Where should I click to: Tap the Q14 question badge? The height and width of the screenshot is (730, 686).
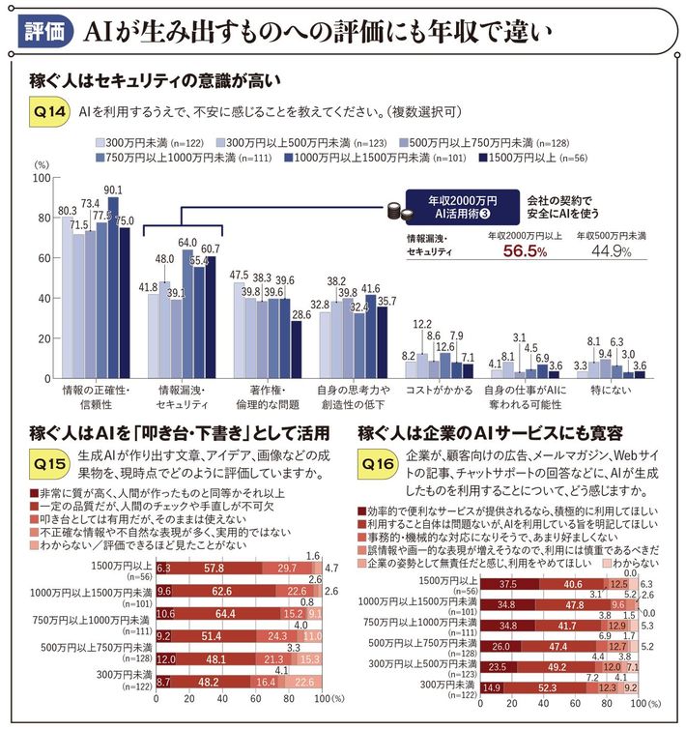tap(47, 112)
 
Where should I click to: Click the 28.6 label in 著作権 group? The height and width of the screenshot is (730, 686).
tap(301, 314)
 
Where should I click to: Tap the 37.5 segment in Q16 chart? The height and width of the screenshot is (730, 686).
tap(505, 585)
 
